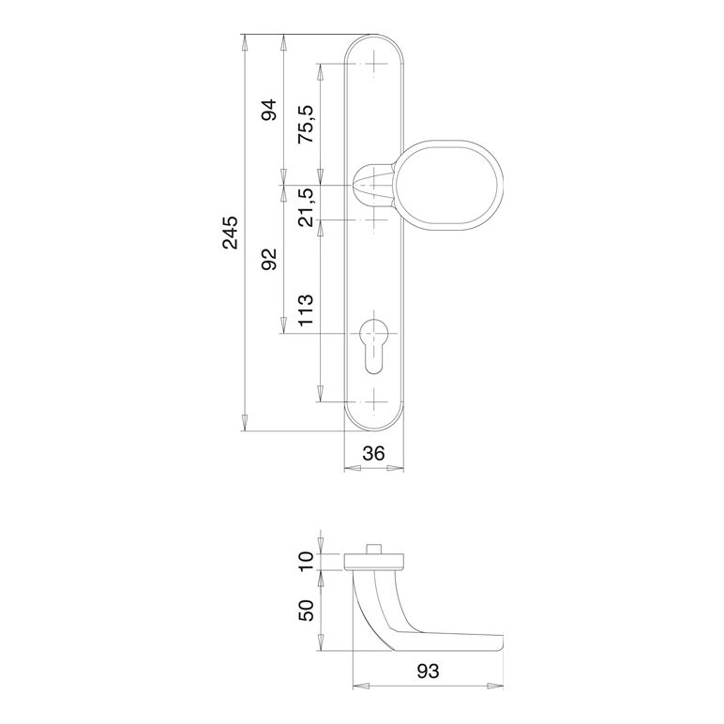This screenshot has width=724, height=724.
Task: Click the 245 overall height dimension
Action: [x=230, y=233]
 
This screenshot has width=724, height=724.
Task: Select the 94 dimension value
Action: [x=269, y=110]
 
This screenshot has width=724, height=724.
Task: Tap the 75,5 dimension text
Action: [x=305, y=124]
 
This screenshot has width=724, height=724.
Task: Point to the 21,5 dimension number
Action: [x=305, y=207]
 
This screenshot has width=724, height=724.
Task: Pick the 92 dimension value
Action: [x=269, y=259]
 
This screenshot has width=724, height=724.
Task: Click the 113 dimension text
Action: [x=305, y=309]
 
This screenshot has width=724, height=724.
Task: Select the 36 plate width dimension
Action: [x=373, y=454]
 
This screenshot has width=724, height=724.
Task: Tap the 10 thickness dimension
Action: [x=306, y=561]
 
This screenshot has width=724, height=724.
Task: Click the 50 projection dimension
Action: [x=306, y=611]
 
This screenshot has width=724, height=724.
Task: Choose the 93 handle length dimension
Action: [x=428, y=671]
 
